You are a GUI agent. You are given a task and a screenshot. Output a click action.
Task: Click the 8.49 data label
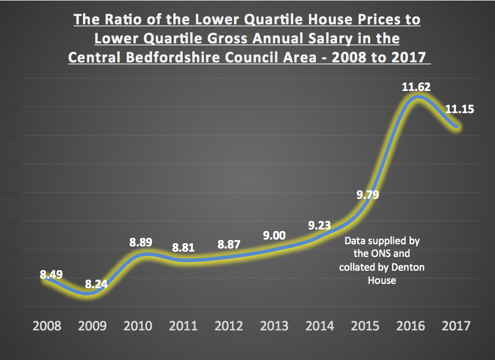coord(51,274)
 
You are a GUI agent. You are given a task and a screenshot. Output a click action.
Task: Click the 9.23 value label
coord(320,226)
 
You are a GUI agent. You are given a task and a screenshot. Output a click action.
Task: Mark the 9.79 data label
coord(368,195)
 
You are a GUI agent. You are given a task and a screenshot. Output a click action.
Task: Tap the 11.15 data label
coord(460,110)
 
